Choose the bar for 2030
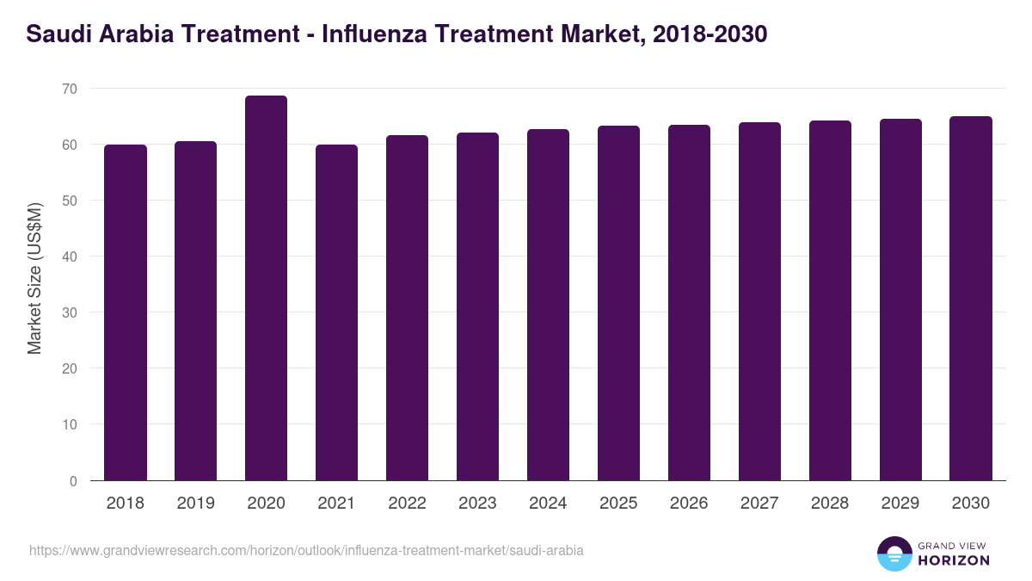coord(971,298)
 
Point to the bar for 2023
coord(477,306)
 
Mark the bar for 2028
coord(830,300)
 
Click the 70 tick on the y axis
coord(69,89)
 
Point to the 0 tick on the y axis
coord(73,481)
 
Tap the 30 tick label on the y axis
coord(69,313)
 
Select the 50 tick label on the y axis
coord(69,201)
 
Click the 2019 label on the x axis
coord(195,504)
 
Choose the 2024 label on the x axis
coord(548,504)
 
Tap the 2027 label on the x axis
coord(759,504)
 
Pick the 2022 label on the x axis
coord(407,504)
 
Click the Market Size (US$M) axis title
coord(34,277)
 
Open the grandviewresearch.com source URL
coord(306,550)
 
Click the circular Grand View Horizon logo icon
coord(894,553)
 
